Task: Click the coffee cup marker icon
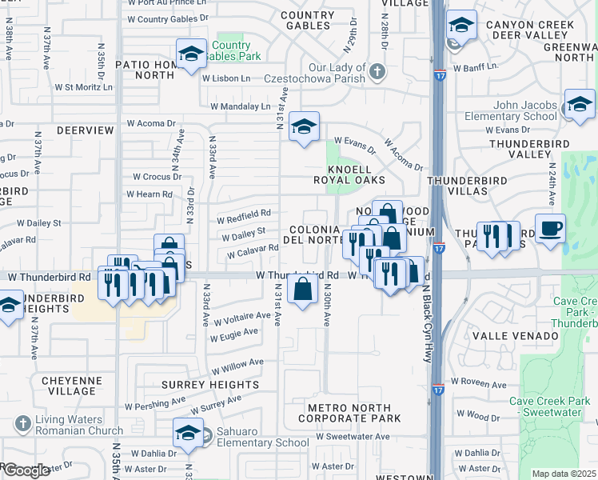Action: pos(550,229)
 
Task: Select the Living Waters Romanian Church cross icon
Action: pos(22,422)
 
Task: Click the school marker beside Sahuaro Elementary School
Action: pos(189,433)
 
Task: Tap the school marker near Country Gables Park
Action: pos(191,54)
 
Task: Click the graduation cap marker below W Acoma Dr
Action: pos(304,126)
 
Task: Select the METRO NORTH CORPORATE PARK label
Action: pos(354,413)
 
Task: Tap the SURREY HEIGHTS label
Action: pos(211,384)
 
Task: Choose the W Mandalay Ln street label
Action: pos(241,106)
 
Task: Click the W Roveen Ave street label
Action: pos(479,383)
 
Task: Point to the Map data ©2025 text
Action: pos(563,474)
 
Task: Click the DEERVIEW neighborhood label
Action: pos(86,129)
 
